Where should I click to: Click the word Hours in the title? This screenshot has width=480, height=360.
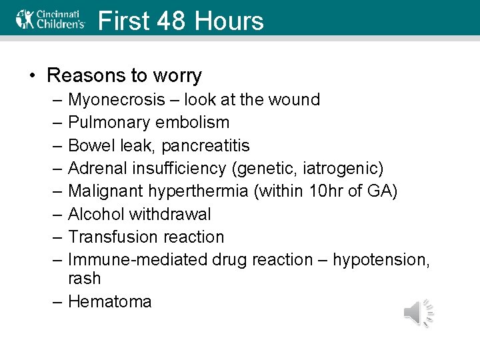[229, 21]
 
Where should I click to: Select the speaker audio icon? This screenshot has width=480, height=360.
[419, 313]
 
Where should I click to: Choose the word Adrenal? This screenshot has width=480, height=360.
[97, 169]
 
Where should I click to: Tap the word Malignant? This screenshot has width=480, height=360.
[102, 191]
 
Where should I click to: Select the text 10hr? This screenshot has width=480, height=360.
[325, 191]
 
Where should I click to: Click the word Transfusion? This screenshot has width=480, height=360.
[109, 237]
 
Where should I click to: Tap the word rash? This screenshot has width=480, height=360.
[84, 278]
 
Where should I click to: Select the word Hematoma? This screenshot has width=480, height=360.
[110, 301]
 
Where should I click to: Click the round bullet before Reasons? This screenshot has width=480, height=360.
[32, 75]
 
